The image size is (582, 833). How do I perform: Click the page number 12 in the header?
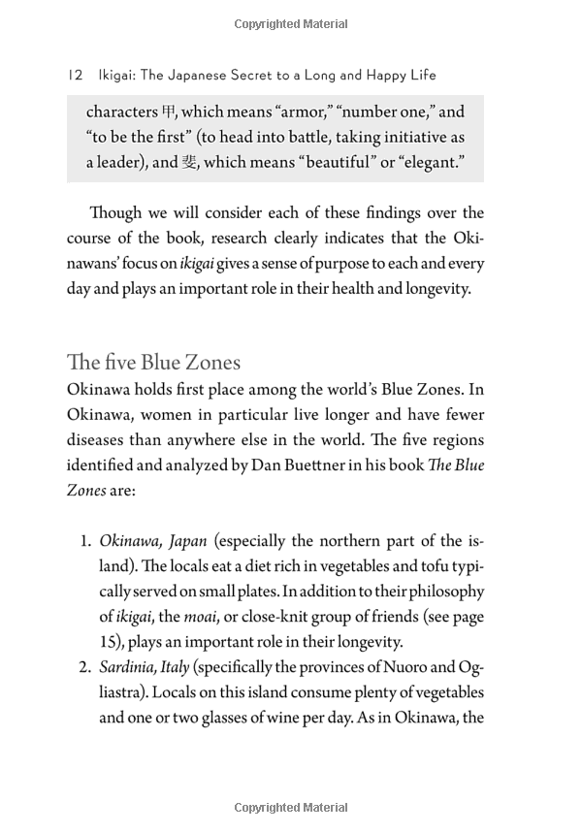click(75, 76)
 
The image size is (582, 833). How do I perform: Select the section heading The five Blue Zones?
click(153, 364)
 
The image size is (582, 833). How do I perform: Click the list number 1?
click(85, 541)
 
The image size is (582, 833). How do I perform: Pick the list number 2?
click(85, 667)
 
